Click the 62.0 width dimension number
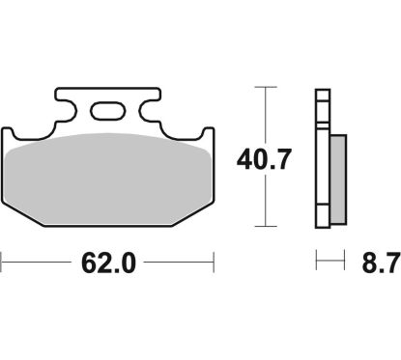pyautogui.click(x=105, y=262)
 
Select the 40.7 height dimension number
pyautogui.click(x=263, y=154)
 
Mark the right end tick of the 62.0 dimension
pyautogui.click(x=213, y=261)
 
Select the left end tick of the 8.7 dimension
pyautogui.click(x=316, y=261)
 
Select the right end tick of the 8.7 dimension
pyautogui.click(x=344, y=261)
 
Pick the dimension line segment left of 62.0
pyautogui.click(x=39, y=261)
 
